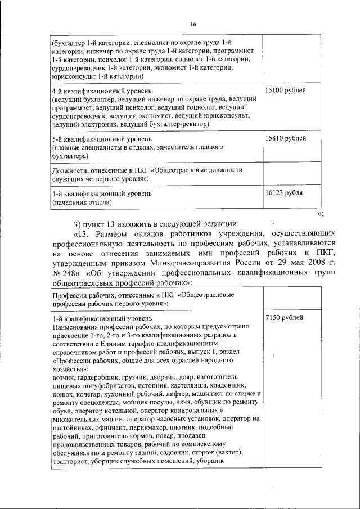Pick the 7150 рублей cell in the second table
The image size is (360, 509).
pyautogui.click(x=283, y=318)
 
